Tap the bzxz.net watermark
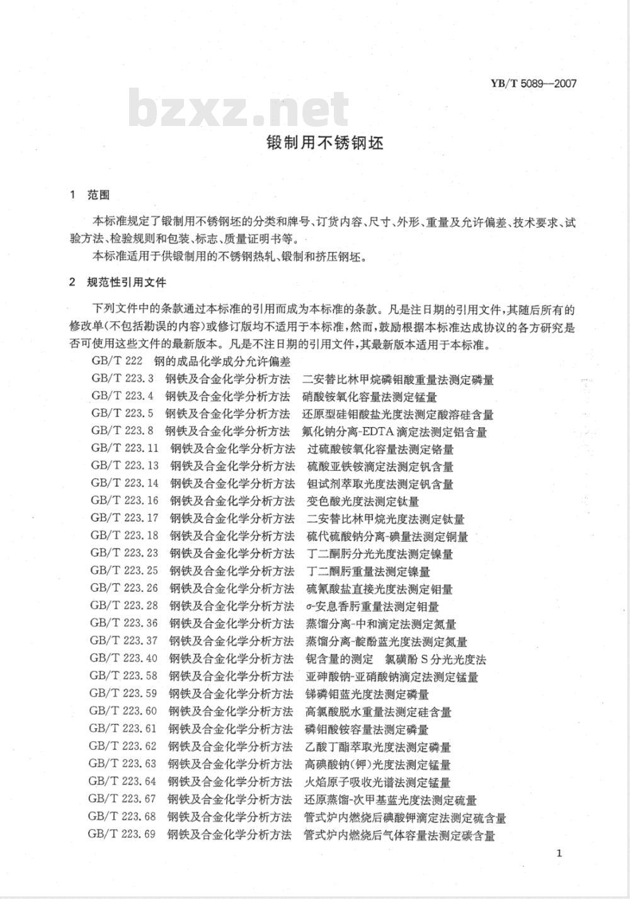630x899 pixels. (239, 110)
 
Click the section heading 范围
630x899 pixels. (98, 195)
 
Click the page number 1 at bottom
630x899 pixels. (559, 853)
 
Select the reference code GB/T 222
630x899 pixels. (113, 362)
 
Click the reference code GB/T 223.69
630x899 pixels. (122, 835)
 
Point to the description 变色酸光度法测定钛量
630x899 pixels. (363, 501)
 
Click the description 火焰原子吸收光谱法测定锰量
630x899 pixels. (377, 782)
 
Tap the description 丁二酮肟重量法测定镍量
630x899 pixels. (369, 571)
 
